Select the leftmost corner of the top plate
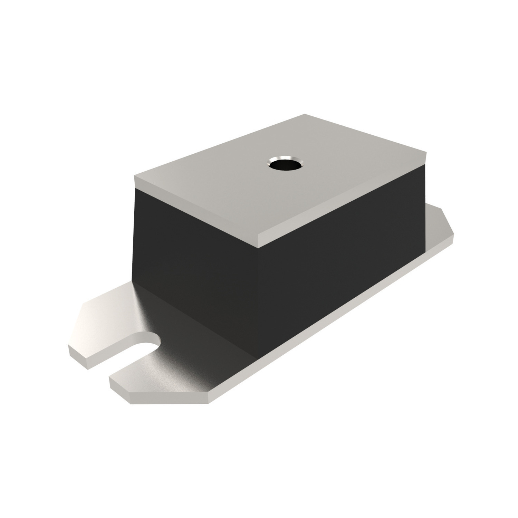pos(134,177)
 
